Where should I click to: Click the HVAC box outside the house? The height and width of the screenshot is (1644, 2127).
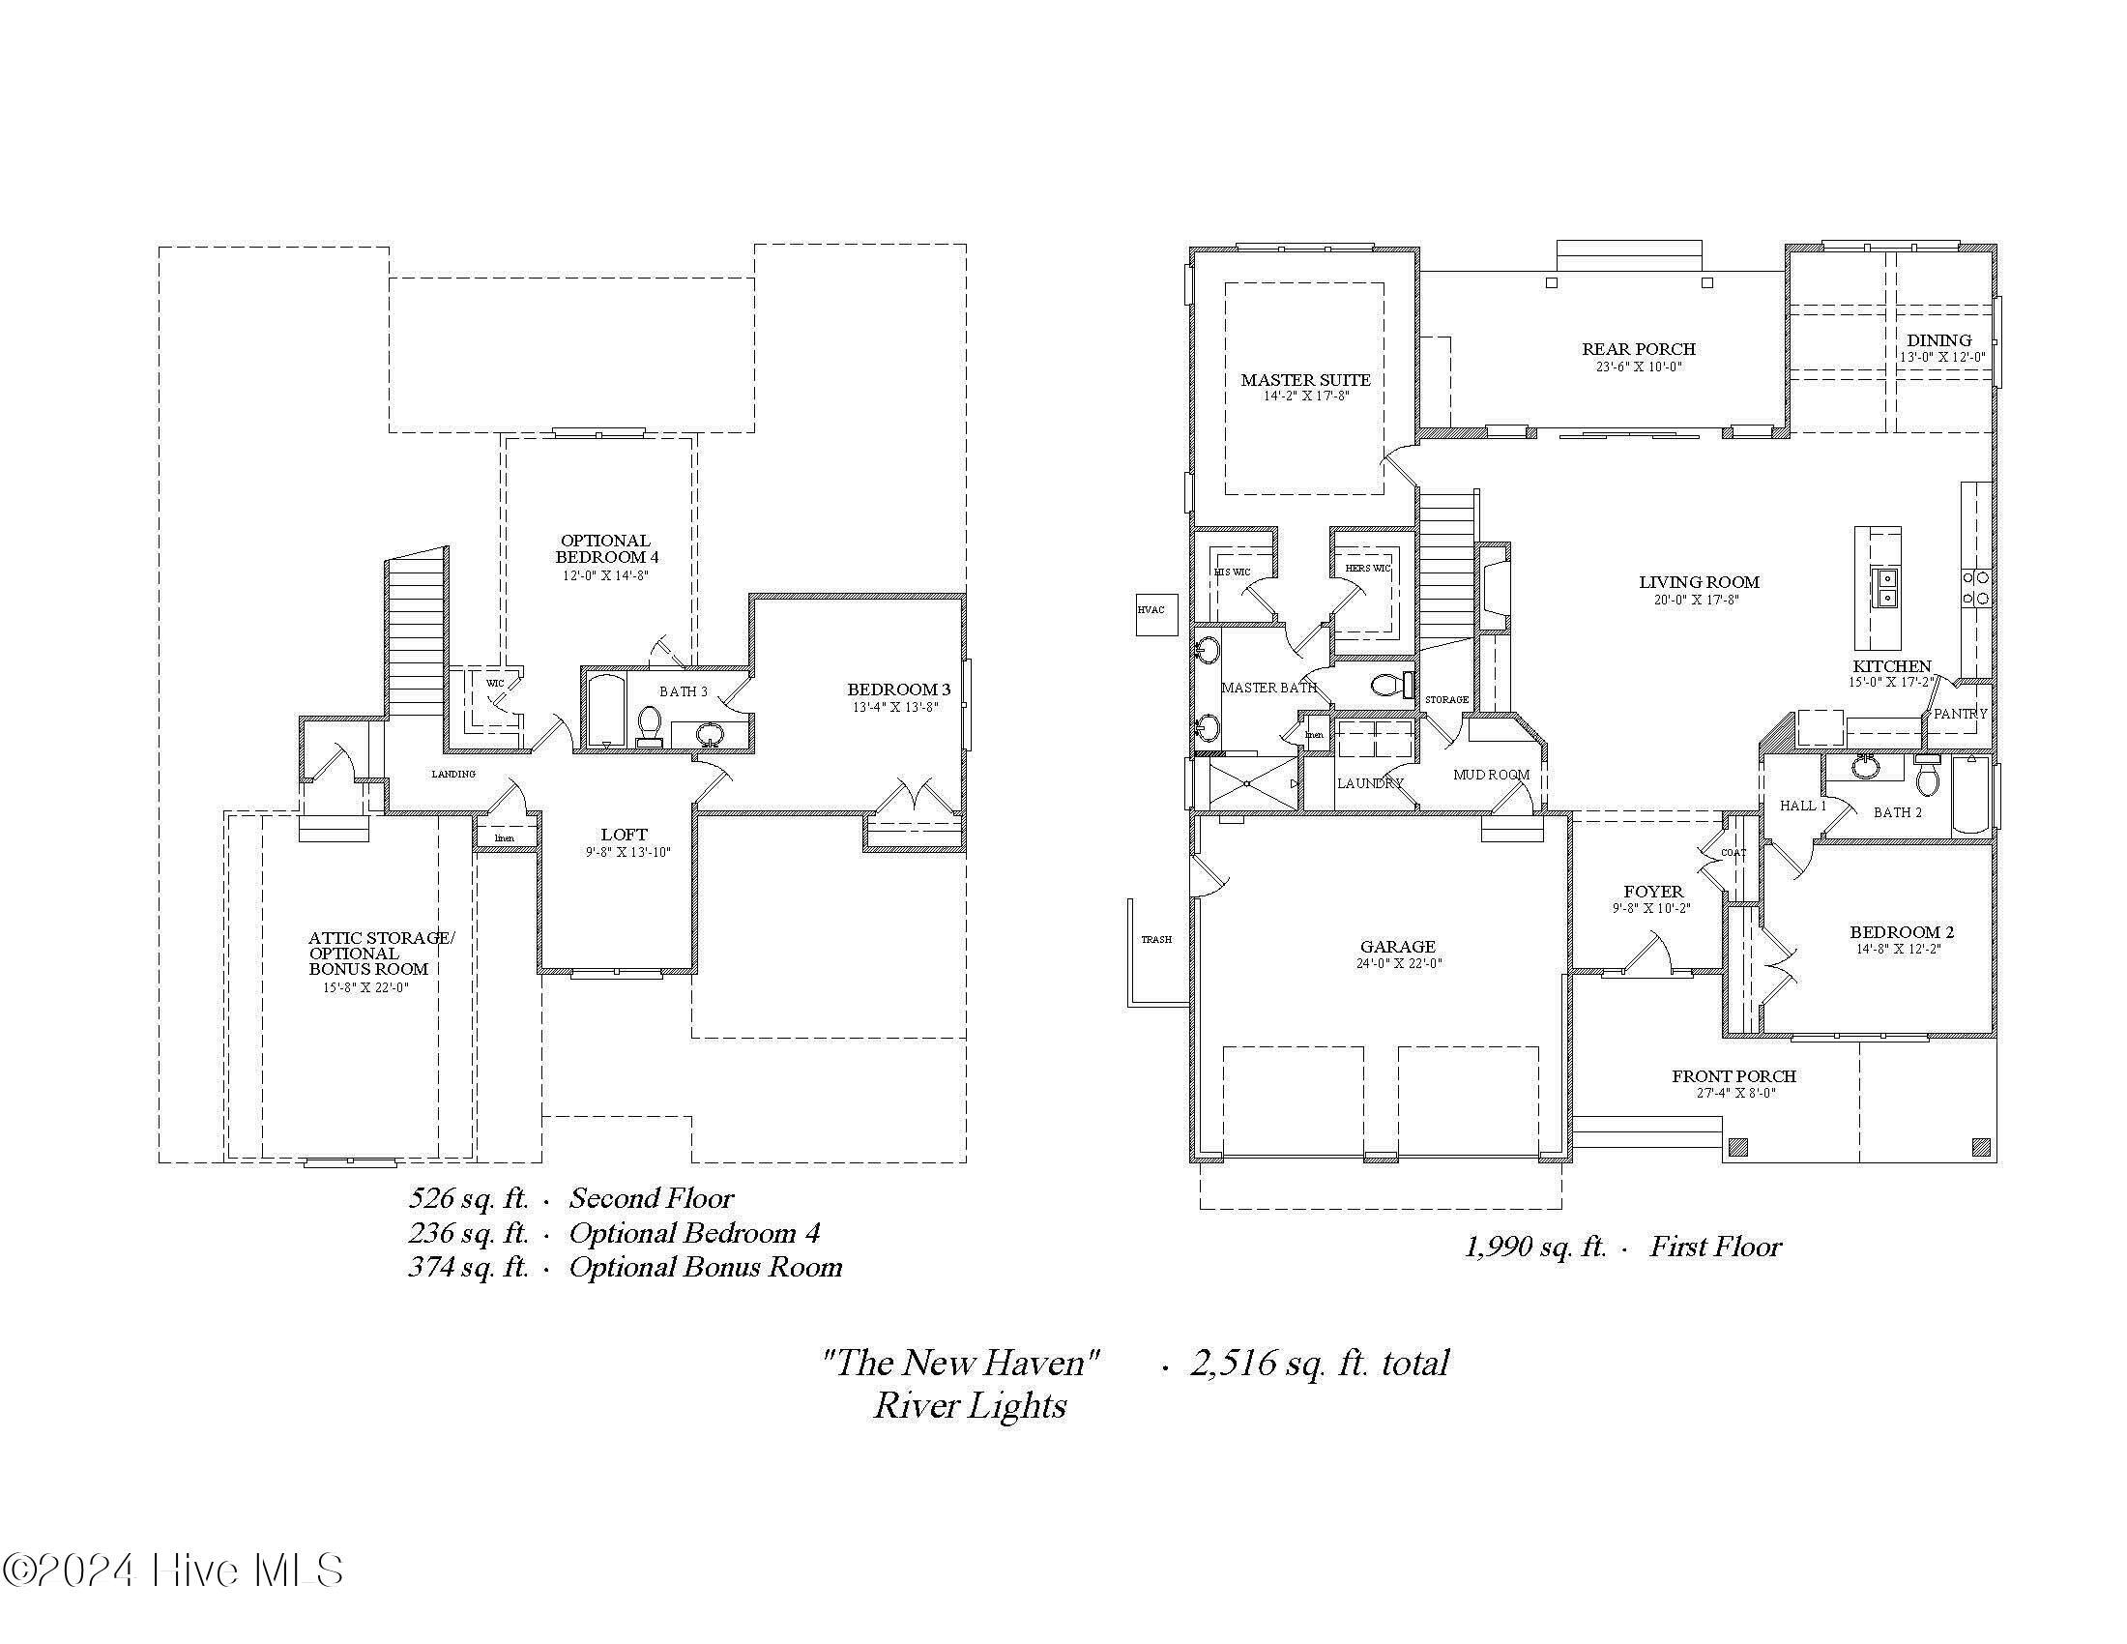click(x=1156, y=613)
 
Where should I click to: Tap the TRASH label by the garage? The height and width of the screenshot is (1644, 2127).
click(x=1156, y=939)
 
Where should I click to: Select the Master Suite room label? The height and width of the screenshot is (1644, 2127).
click(x=1305, y=380)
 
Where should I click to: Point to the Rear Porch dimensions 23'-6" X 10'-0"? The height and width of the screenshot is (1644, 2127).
click(x=1638, y=367)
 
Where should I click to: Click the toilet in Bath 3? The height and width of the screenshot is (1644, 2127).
click(x=650, y=726)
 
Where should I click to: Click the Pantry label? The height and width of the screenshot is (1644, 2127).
click(x=1960, y=714)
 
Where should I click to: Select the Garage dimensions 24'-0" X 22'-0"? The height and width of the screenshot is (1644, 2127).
click(x=1399, y=963)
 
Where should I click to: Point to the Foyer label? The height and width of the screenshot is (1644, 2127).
click(x=1652, y=892)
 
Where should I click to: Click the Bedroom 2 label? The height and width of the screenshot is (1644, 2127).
click(x=1901, y=932)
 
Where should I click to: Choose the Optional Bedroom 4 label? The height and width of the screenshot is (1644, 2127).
click(x=606, y=548)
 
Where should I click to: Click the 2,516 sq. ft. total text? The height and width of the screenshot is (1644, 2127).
click(x=1319, y=1363)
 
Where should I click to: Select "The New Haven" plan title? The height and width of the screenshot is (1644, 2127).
click(x=960, y=1363)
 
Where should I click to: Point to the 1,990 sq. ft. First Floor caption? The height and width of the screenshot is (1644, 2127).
click(x=1622, y=1247)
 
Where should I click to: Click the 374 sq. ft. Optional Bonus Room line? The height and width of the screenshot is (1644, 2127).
click(x=625, y=1267)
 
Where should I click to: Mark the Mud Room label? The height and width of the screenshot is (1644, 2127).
click(x=1491, y=775)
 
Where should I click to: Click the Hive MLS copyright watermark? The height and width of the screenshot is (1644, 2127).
click(x=173, y=1570)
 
